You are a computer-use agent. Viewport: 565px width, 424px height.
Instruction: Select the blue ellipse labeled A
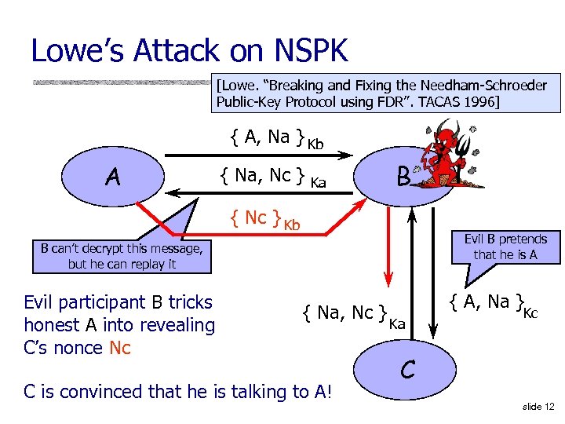tap(113, 178)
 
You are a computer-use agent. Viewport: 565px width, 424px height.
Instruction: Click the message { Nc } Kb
tap(264, 219)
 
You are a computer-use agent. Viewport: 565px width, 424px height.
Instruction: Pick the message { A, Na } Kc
tap(493, 302)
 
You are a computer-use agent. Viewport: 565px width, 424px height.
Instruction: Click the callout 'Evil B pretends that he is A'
tap(505, 247)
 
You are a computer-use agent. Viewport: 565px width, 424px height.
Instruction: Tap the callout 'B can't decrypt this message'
tap(122, 256)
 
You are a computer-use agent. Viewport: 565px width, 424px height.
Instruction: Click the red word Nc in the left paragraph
tap(120, 348)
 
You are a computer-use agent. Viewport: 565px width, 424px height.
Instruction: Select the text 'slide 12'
tap(538, 406)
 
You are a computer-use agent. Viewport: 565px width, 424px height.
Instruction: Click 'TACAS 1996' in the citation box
tap(456, 101)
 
